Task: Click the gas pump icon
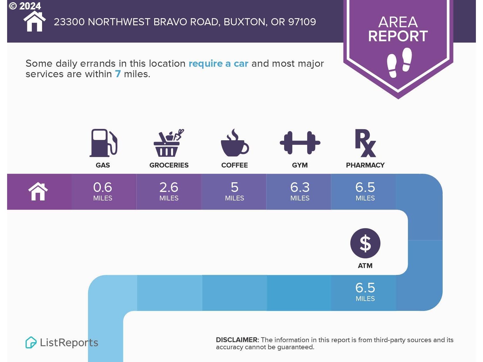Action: click(103, 143)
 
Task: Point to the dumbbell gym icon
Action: click(300, 143)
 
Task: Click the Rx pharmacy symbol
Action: click(365, 143)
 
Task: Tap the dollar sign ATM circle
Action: click(365, 243)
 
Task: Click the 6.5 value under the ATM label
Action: click(365, 288)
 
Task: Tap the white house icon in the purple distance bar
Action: click(38, 192)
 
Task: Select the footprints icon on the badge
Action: click(399, 62)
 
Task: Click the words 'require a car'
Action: click(218, 64)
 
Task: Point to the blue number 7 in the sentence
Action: click(118, 74)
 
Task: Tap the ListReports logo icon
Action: click(31, 342)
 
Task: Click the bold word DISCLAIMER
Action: click(237, 340)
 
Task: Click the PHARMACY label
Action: click(365, 165)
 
